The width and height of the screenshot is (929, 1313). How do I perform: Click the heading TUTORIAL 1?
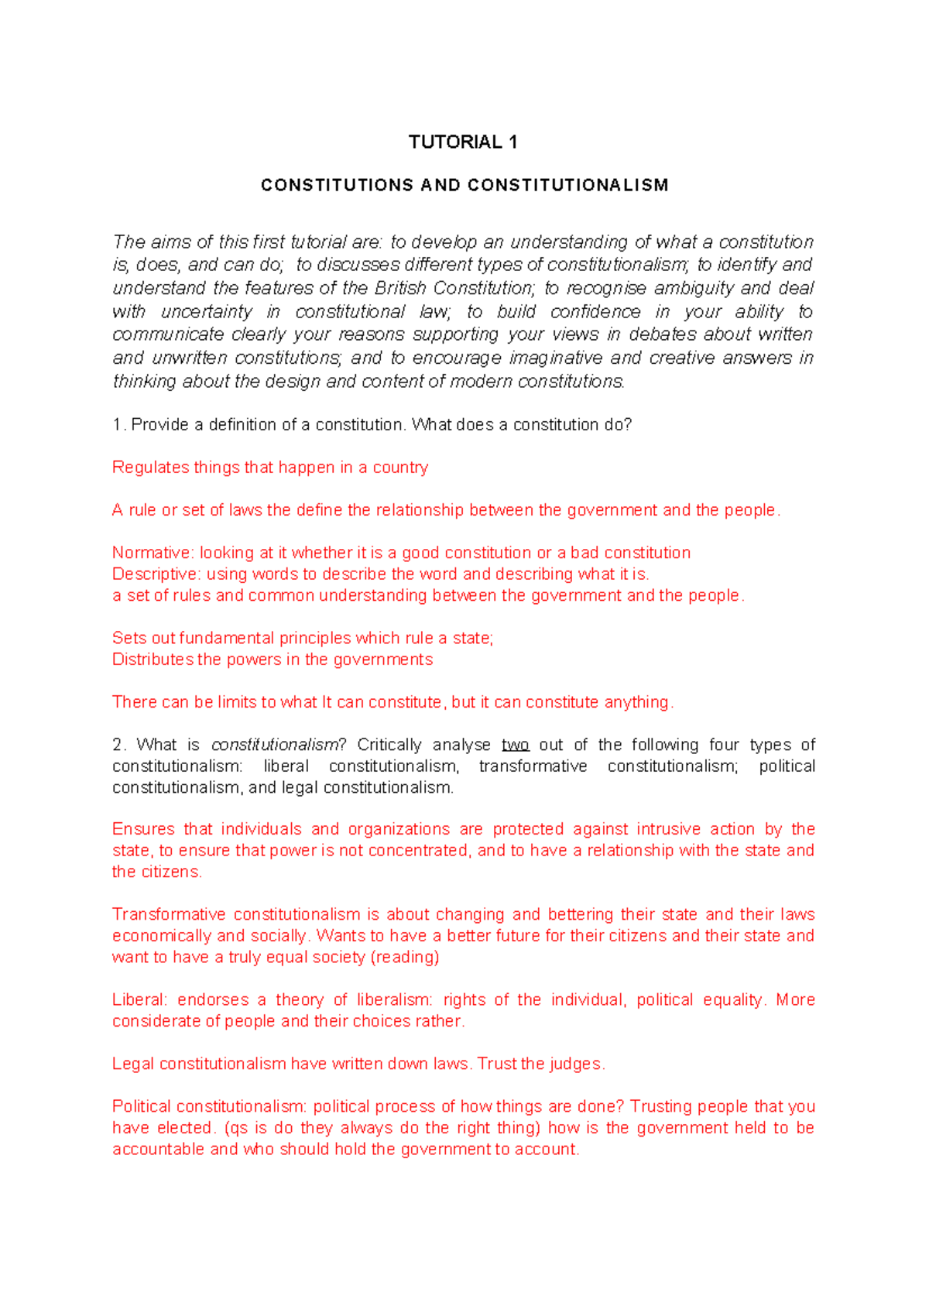tap(463, 142)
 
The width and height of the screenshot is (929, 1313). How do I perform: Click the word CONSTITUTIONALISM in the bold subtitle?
tap(568, 185)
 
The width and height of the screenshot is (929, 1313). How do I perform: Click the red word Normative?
tap(153, 553)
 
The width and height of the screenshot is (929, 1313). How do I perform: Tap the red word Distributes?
tap(153, 660)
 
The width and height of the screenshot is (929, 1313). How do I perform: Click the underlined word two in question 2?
tap(515, 745)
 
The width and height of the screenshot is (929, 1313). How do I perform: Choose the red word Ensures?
tap(142, 829)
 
